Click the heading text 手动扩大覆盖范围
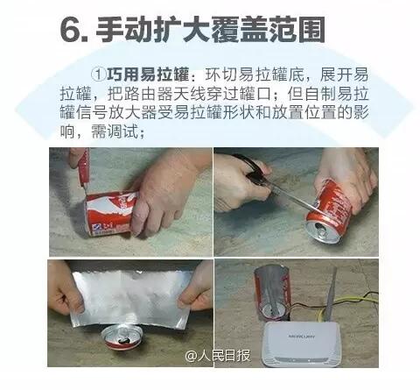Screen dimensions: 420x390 click(210, 30)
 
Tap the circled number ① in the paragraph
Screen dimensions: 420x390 click(98, 75)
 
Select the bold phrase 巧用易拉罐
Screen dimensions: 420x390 click(148, 75)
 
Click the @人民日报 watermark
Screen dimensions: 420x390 click(218, 356)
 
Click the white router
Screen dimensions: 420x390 click(303, 344)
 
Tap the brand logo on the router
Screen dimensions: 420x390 click(302, 337)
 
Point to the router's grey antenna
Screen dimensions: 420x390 click(331, 295)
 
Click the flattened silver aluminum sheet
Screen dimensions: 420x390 click(132, 298)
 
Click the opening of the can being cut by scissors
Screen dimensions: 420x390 click(322, 231)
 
